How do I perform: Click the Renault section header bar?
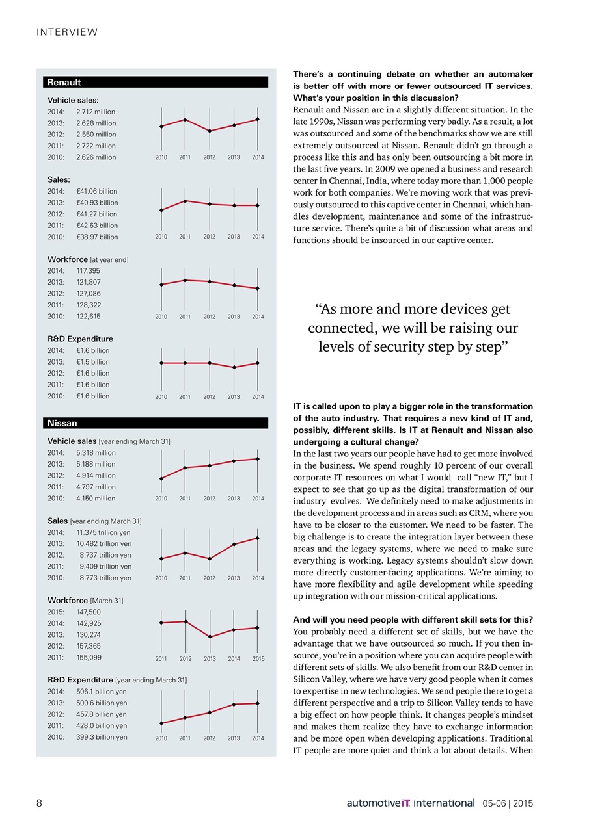[156, 82]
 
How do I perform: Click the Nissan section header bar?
[156, 423]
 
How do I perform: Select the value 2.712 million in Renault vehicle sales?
[96, 112]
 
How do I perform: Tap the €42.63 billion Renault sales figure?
[97, 226]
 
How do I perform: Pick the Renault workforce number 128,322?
[89, 305]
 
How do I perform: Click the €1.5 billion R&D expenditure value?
[93, 362]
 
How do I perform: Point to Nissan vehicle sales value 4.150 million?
[96, 499]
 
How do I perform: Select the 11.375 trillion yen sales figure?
[104, 532]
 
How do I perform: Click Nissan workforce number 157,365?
[89, 646]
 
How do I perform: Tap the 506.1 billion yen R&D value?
[102, 692]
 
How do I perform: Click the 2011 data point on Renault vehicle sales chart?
[185, 120]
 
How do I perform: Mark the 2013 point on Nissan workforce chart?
[210, 636]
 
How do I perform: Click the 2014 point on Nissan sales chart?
[258, 538]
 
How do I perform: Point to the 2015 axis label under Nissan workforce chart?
[258, 659]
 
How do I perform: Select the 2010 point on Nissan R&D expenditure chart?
[161, 723]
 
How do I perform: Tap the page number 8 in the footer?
[40, 803]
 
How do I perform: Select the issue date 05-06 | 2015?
[508, 803]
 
